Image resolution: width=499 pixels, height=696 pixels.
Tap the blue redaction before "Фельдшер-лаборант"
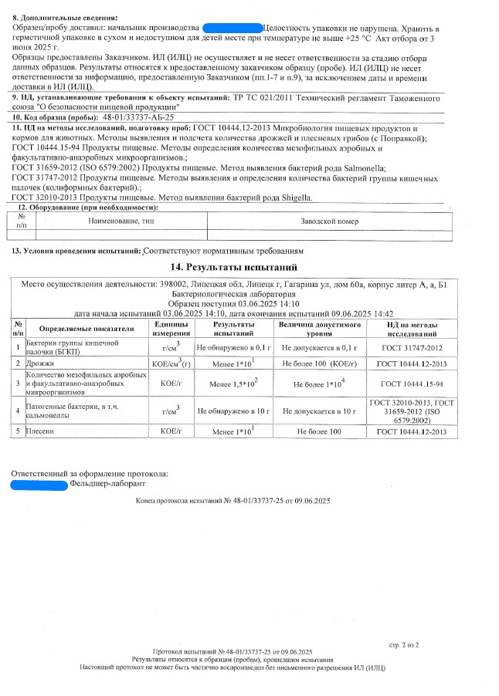point(40,484)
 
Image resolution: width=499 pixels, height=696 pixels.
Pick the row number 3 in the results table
point(17,383)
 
